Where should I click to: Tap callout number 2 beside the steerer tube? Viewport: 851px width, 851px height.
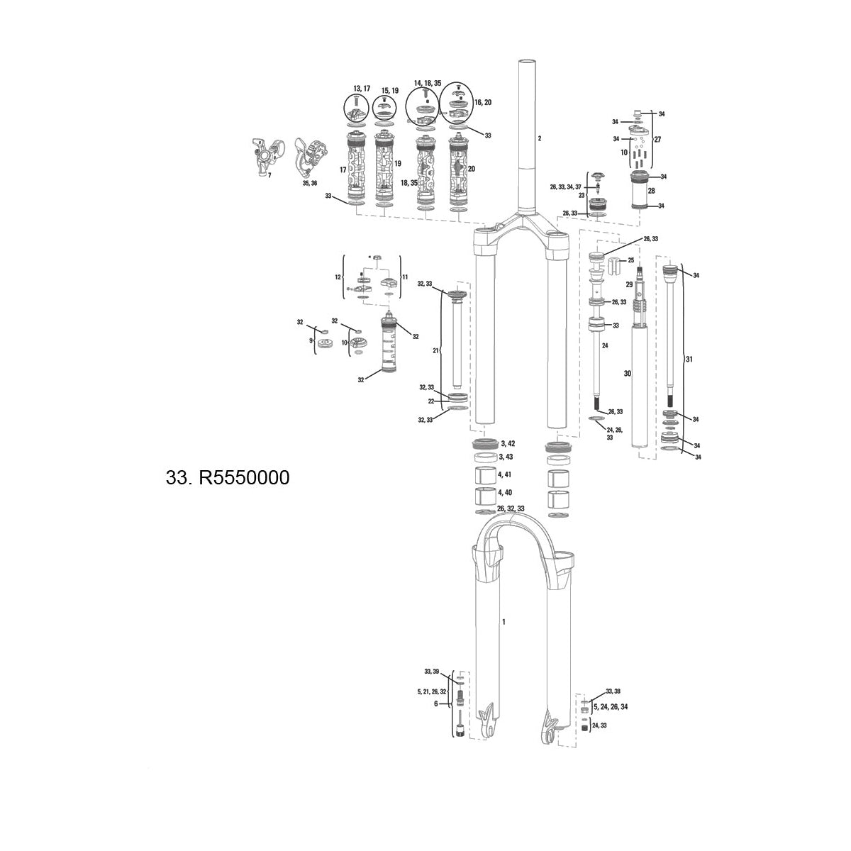pos(539,138)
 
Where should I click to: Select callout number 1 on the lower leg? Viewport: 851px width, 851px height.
pos(504,622)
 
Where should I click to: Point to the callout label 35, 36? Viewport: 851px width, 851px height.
pos(309,183)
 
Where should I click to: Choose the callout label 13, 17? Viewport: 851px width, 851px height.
pos(362,89)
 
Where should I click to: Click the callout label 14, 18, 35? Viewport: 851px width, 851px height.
pos(428,83)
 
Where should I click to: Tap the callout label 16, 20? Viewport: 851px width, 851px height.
pos(483,103)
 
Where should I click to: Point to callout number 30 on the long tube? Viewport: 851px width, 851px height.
pos(627,373)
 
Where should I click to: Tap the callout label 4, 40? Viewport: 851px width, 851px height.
pos(506,492)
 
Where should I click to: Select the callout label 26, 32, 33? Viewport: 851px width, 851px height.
pos(511,509)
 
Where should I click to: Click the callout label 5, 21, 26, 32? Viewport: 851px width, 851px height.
pos(432,691)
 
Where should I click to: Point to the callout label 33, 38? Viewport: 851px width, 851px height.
pos(613,691)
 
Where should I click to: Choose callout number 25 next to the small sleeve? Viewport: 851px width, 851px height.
pos(631,261)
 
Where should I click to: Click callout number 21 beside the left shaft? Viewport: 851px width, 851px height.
pos(437,351)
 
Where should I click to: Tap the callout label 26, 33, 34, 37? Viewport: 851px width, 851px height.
pos(565,187)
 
